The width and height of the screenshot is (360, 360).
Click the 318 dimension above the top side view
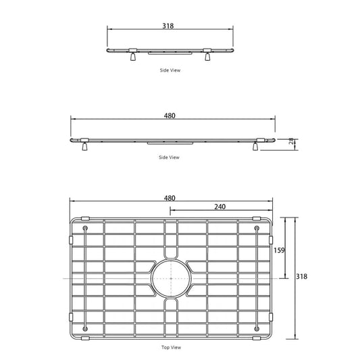pos(168,26)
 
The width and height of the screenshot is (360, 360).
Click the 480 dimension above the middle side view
pos(170,115)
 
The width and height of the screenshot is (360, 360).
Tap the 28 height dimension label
pos(291,141)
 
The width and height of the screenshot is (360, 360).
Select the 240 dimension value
pos(220,207)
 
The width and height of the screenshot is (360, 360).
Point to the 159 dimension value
pos(279,250)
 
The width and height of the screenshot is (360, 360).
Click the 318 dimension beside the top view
pos(301,276)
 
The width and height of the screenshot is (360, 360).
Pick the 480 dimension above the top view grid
pos(170,198)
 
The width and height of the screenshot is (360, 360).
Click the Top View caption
pos(171,347)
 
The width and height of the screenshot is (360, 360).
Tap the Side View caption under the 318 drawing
pos(170,70)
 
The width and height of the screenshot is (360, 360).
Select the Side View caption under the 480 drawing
pos(169,157)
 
